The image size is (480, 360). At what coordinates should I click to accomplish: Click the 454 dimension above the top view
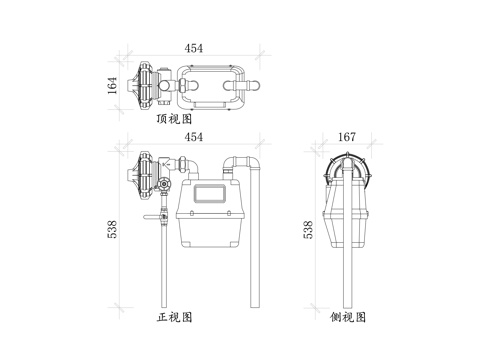coord(193,48)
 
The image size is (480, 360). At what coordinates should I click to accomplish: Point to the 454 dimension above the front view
coord(193,136)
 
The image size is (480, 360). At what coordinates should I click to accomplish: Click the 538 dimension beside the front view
coord(113,229)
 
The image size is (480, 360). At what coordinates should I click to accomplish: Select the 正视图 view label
coord(175,317)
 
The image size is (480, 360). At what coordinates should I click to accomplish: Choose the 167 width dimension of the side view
coord(346,137)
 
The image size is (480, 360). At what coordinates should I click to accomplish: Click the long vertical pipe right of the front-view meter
coord(255,240)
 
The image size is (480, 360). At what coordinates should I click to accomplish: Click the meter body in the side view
coord(347,215)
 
